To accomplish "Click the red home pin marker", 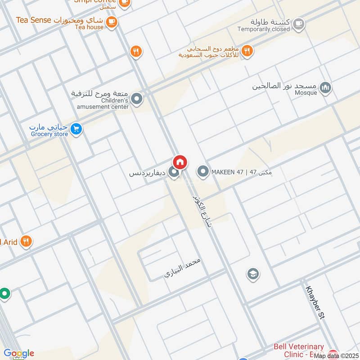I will click(180, 162).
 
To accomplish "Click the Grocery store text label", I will click(49, 134).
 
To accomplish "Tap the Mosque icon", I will click(327, 88).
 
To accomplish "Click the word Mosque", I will click(306, 93).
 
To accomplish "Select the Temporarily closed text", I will click(264, 29).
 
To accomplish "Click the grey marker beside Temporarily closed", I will click(298, 24).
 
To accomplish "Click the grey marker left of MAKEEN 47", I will click(203, 171).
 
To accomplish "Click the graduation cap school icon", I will click(253, 274).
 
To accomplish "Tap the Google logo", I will click(19, 353).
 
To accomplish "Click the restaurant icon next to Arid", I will click(26, 242).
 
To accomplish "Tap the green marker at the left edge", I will click(4, 294).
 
